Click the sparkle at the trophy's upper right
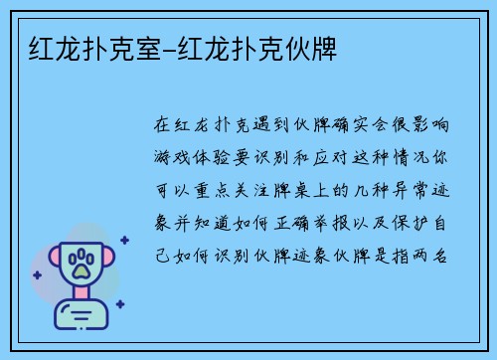(124, 240)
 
